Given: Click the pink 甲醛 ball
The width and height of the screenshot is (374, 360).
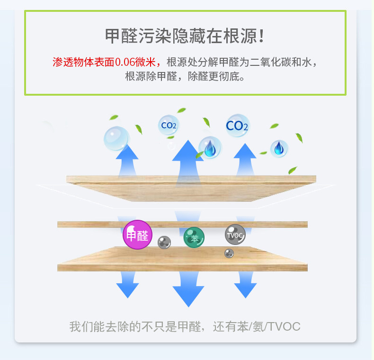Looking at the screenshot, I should (137, 234).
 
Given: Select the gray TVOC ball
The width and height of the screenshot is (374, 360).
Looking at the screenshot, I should (235, 234).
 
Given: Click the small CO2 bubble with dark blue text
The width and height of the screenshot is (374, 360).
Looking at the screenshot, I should (169, 125).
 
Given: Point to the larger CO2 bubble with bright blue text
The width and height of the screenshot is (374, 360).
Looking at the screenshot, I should (237, 126).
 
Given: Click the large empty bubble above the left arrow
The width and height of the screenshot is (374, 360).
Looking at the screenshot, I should (116, 138).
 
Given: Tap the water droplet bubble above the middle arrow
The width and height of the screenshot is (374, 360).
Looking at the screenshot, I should (210, 147).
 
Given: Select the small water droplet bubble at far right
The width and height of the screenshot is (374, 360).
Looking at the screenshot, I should (279, 148).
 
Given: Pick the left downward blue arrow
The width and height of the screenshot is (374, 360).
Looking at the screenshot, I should (127, 284).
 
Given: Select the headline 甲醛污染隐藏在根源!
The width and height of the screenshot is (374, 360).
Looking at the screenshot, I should (185, 36).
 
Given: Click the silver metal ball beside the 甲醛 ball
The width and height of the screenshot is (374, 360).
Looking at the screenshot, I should (164, 242).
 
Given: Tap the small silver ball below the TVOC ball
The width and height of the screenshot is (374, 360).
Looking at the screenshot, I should (229, 253).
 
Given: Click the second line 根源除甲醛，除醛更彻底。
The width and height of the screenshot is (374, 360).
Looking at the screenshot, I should (185, 76).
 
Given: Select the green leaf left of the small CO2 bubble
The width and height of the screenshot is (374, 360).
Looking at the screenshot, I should (139, 129).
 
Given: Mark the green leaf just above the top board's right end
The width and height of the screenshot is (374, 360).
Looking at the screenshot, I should (293, 170).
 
